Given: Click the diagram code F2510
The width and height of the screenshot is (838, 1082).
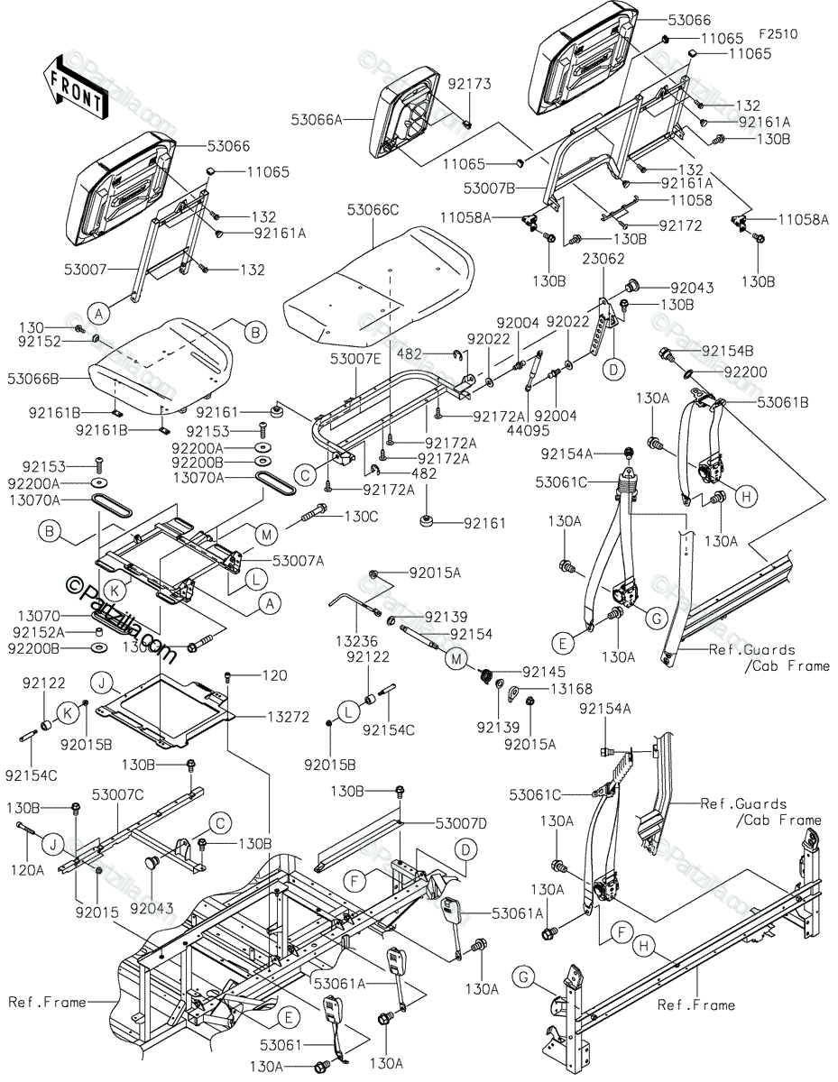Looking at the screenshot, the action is click(x=778, y=34).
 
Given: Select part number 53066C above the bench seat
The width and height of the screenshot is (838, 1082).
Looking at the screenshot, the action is click(x=373, y=210).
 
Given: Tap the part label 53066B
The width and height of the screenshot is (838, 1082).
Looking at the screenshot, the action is click(x=33, y=379).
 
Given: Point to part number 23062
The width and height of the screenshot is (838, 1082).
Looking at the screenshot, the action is click(x=603, y=259).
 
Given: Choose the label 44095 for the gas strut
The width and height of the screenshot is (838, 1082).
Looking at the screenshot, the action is click(x=529, y=430).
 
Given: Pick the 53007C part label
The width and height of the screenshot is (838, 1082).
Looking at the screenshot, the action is click(x=117, y=794).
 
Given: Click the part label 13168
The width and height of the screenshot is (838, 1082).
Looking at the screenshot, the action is click(x=572, y=689).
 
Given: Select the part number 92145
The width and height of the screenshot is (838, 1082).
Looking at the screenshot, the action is click(x=544, y=672).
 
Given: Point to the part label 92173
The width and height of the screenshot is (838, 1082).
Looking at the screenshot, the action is click(x=469, y=84).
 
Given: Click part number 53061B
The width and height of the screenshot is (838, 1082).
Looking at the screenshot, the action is click(x=783, y=402).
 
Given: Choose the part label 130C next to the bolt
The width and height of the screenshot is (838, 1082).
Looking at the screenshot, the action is click(x=361, y=517).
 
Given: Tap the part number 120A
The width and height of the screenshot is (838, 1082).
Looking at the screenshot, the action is click(x=27, y=870).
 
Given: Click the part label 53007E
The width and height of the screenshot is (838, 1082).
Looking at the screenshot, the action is click(x=355, y=359).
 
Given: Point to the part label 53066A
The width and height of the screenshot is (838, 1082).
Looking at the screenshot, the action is click(x=317, y=120).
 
